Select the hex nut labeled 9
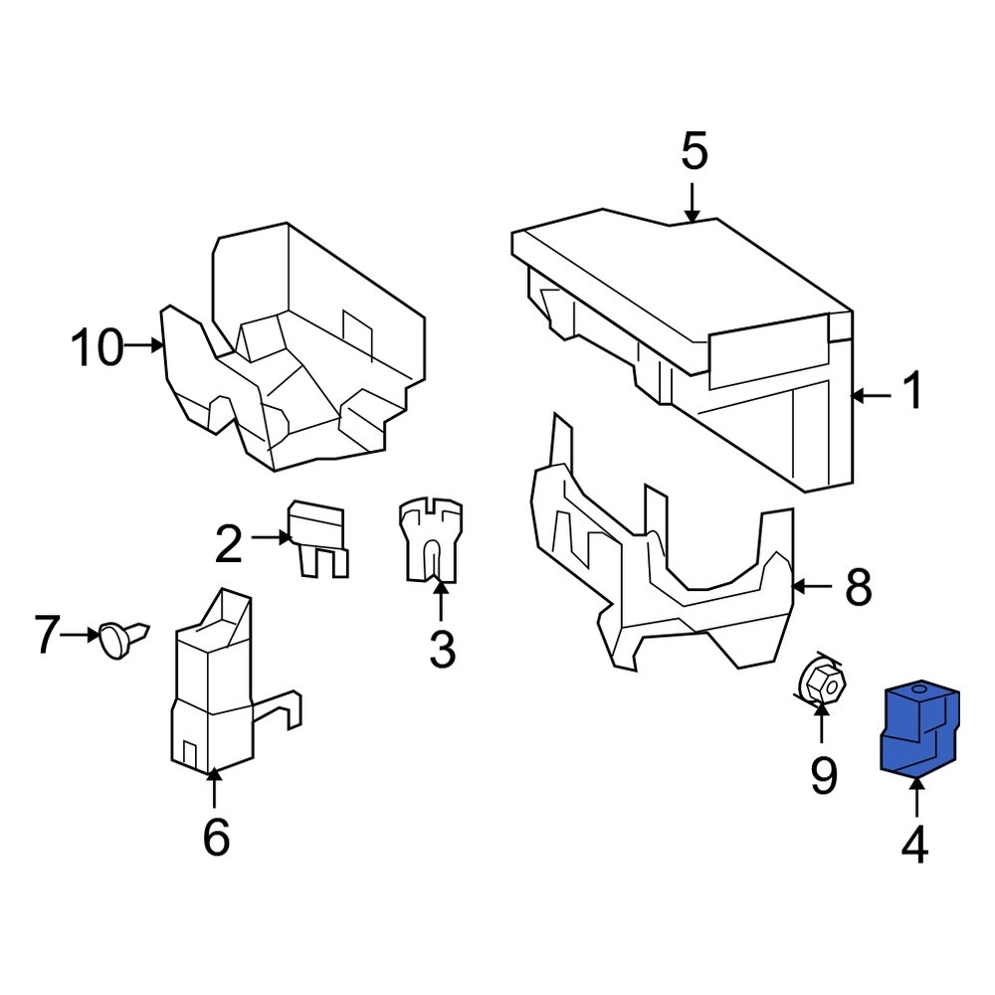tap(822, 684)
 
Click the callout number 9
tap(823, 776)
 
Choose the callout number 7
tap(48, 635)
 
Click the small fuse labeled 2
tap(318, 538)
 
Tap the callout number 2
tap(229, 544)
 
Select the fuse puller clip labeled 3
tap(431, 542)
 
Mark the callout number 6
tap(216, 837)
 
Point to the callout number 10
tap(98, 348)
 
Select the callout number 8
tap(858, 588)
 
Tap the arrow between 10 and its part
tap(145, 345)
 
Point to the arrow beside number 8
tap(813, 587)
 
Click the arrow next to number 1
tap(872, 395)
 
